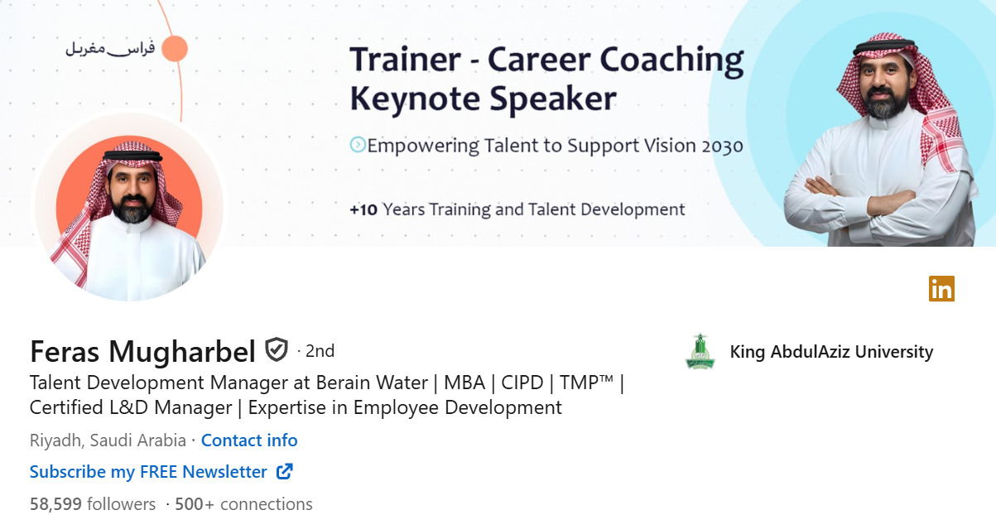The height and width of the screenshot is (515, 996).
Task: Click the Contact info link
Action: (248, 440)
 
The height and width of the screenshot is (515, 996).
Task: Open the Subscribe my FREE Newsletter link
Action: (148, 472)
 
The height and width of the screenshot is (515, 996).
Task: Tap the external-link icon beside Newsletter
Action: (284, 471)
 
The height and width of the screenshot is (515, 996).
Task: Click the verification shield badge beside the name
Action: (276, 350)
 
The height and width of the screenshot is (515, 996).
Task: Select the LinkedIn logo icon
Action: (941, 288)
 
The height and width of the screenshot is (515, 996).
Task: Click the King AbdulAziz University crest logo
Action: (700, 352)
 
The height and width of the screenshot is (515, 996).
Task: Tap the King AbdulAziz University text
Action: (831, 352)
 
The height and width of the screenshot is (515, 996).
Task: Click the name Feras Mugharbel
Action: (142, 352)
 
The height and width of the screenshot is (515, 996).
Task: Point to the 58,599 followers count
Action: (93, 503)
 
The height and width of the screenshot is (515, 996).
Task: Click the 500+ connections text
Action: (243, 503)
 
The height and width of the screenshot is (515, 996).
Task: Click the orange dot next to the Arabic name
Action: (175, 49)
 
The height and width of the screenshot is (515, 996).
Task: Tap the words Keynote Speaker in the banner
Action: (483, 99)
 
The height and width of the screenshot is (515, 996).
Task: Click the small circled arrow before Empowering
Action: (357, 145)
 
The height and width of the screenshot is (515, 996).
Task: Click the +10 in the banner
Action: (363, 209)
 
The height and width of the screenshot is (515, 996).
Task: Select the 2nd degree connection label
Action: (320, 351)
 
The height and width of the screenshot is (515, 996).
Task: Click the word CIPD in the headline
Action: (522, 383)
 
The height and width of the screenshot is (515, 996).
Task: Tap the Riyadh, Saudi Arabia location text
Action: (108, 440)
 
